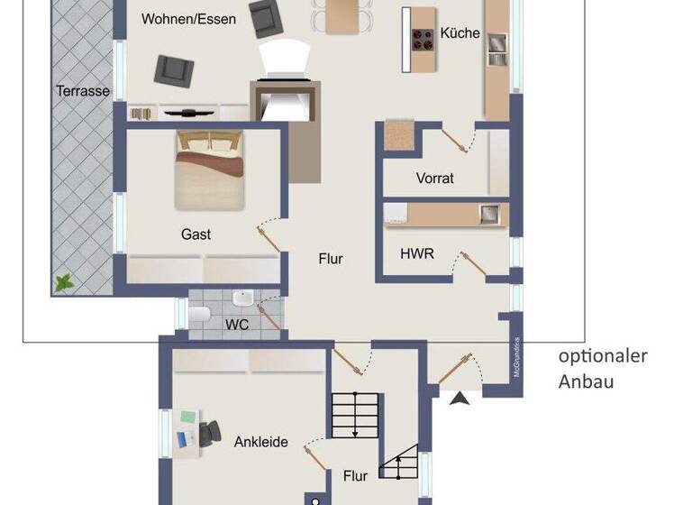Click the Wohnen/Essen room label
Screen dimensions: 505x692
pos(189,19)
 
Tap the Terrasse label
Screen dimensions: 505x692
pos(83,91)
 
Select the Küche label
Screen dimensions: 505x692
pos(460,34)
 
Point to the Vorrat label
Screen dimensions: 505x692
pos(435,178)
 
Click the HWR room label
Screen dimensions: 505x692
pos(417,254)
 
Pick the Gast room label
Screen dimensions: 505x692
pos(196,234)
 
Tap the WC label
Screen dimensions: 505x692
pos(237,324)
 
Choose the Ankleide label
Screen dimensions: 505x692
pos(261,442)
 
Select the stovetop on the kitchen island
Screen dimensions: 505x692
pos(423,38)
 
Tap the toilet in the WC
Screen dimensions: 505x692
pos(199,314)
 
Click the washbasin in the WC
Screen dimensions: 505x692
pos(243,299)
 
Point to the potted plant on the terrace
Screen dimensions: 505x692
pos(64,282)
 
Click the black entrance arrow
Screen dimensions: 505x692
pos(460,398)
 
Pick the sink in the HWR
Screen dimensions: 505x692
pos(489,214)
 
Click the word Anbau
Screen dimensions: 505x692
pos(586,381)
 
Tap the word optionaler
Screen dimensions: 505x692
pos(603,356)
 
